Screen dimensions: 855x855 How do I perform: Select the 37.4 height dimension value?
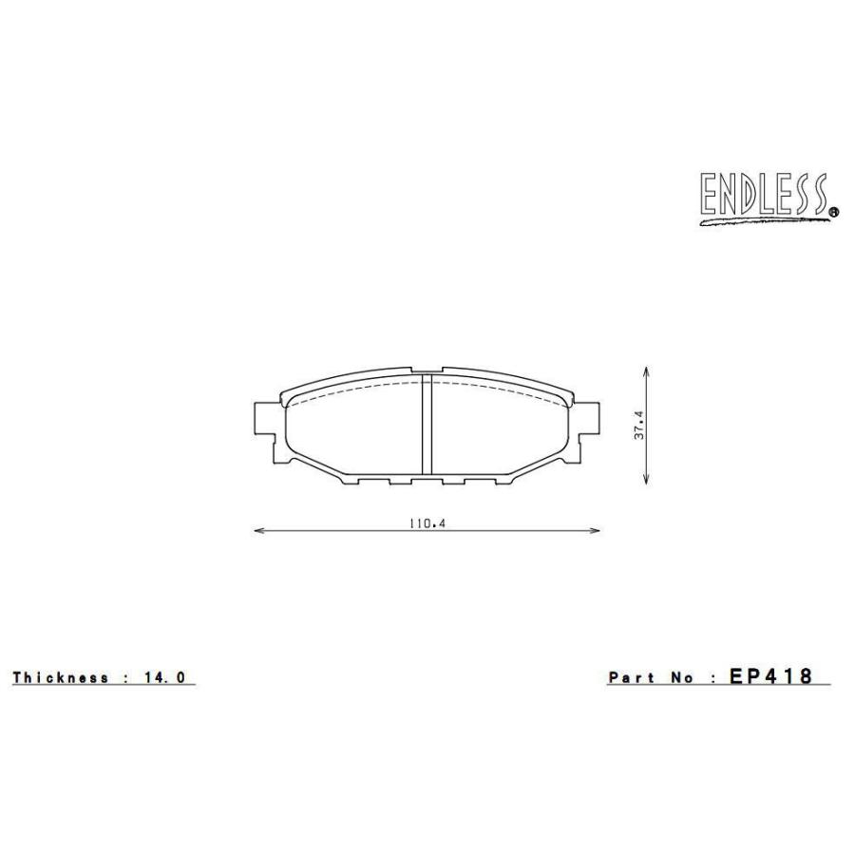coord(640,425)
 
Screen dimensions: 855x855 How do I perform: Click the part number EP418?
coord(770,676)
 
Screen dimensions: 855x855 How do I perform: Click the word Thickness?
coord(61,677)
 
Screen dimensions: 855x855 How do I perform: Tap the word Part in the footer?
coord(632,677)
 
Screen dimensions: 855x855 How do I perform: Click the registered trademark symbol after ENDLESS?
coord(834,213)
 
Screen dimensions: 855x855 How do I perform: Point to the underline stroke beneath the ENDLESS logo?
coord(760,221)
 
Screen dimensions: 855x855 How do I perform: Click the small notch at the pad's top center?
coord(427,371)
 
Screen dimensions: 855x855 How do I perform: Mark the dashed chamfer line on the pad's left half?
coord(351,389)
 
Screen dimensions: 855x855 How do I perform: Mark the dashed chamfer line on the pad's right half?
coord(503,389)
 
